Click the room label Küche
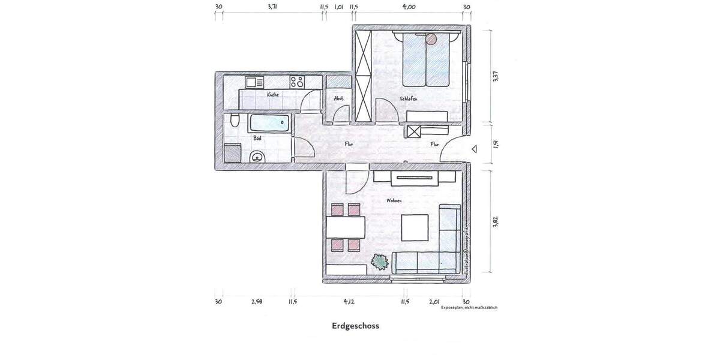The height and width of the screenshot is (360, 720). pyautogui.click(x=272, y=95)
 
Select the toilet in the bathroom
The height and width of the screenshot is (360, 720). pyautogui.click(x=235, y=122)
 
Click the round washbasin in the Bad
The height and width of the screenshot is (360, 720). pyautogui.click(x=257, y=158)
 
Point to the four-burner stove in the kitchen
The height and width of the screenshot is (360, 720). pyautogui.click(x=296, y=81)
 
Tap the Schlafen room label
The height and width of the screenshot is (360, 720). pyautogui.click(x=408, y=98)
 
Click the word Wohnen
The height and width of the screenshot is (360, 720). pyautogui.click(x=394, y=201)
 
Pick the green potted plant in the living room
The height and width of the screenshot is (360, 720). pyautogui.click(x=380, y=262)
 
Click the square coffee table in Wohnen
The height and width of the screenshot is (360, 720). pyautogui.click(x=414, y=227)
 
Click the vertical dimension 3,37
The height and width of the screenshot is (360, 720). pyautogui.click(x=496, y=79)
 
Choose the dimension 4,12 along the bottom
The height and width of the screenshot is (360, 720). pyautogui.click(x=350, y=301)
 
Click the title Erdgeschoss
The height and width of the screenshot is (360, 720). pyautogui.click(x=355, y=327)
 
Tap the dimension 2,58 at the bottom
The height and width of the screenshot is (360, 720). pyautogui.click(x=257, y=301)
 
